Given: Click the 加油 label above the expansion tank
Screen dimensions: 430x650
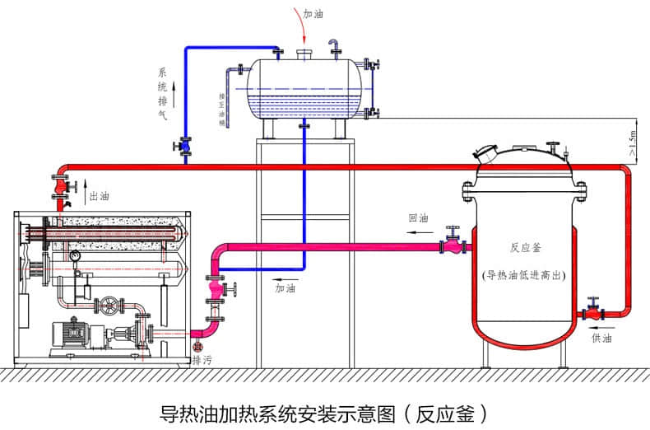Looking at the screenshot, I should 313,14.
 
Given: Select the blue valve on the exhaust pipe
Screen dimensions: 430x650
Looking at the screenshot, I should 184,147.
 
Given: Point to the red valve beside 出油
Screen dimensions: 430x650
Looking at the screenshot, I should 61,188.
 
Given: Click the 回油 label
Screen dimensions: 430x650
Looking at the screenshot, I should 419,218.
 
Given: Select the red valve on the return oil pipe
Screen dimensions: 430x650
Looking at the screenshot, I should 451,244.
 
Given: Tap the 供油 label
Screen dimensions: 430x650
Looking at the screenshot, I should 601,338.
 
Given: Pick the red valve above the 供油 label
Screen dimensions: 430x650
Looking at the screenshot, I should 592,312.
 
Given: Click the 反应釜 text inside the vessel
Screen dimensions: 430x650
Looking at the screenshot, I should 523,246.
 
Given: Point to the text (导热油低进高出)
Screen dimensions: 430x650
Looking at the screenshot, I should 523,275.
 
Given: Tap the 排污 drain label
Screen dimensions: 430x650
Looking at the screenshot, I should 201,360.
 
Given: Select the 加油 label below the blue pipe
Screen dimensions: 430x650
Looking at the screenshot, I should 285,288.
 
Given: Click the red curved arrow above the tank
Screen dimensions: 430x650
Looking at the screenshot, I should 302,26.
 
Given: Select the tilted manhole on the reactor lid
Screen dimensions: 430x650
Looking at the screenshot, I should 486,154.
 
